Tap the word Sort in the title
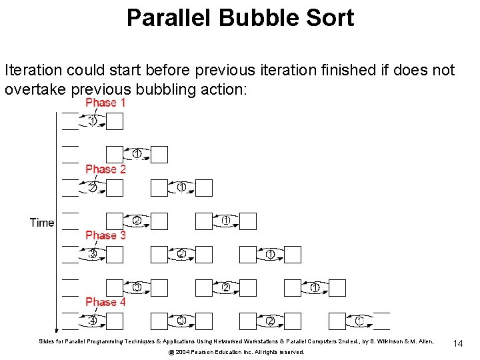point(330,18)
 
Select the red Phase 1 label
point(105,103)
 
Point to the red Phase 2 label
point(105,169)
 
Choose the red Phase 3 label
point(105,235)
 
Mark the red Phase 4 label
point(105,302)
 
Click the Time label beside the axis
point(42,223)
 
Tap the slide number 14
point(458,343)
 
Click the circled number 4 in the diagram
point(93,321)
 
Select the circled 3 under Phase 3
point(93,254)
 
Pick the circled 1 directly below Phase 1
point(93,121)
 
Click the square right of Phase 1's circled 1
point(115,121)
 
